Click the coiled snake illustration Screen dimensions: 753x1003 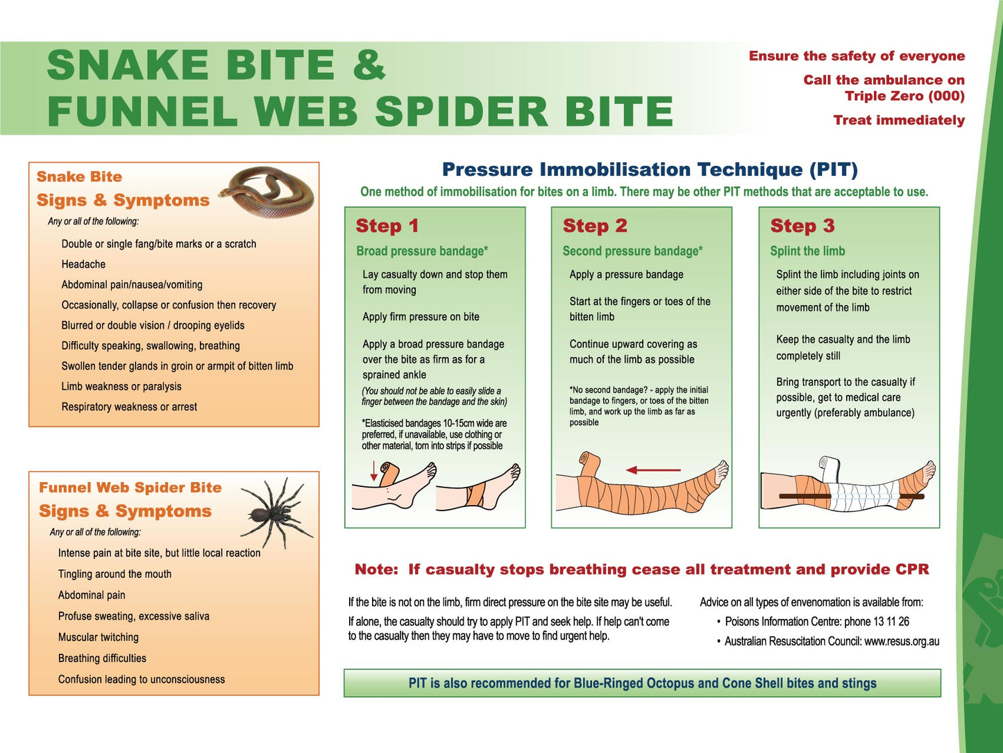click(x=267, y=192)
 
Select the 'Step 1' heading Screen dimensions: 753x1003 click(x=387, y=226)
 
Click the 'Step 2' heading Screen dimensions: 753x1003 click(x=594, y=226)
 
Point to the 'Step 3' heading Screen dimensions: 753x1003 click(x=802, y=226)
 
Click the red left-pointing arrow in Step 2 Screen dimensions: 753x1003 click(x=652, y=470)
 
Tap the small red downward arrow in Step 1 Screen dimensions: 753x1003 click(x=374, y=471)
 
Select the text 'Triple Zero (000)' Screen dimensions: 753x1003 click(x=904, y=96)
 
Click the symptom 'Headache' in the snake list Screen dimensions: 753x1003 click(x=83, y=264)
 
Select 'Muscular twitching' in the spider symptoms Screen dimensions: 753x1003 click(x=98, y=637)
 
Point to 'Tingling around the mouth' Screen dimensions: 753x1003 click(x=115, y=574)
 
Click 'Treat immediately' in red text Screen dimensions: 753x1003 click(x=898, y=120)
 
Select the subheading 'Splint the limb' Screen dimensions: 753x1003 click(x=807, y=251)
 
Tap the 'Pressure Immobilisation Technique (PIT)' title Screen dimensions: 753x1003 click(x=650, y=169)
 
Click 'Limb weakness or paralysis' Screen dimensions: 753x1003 click(x=121, y=386)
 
